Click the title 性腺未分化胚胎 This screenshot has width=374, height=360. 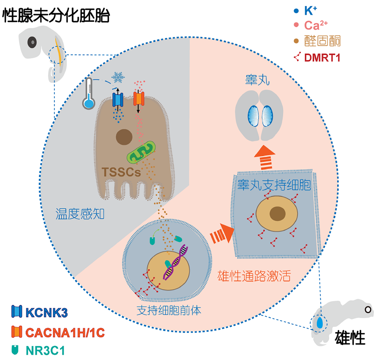(57, 16)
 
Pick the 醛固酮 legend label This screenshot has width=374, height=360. (322, 41)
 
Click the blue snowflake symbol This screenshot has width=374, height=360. (118, 77)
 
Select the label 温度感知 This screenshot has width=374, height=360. (80, 214)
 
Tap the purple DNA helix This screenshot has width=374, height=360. (176, 262)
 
